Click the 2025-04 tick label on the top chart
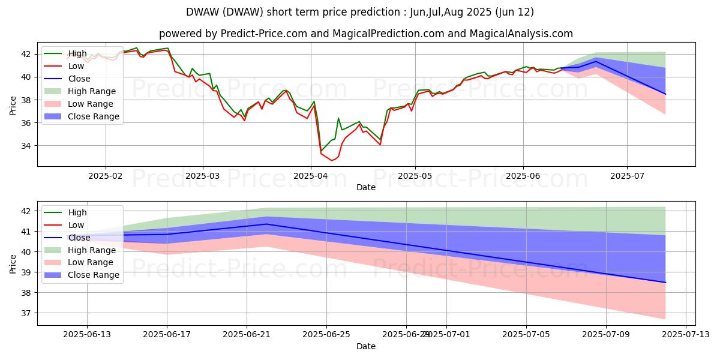tap(311, 175)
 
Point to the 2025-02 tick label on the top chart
tap(106, 175)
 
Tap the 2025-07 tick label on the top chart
tap(627, 175)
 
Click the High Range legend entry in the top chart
tap(92, 91)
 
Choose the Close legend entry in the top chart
tap(79, 79)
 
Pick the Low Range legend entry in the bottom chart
tap(92, 263)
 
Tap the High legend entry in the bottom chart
tap(77, 212)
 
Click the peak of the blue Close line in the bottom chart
tap(266, 224)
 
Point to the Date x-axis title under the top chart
tap(366, 187)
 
